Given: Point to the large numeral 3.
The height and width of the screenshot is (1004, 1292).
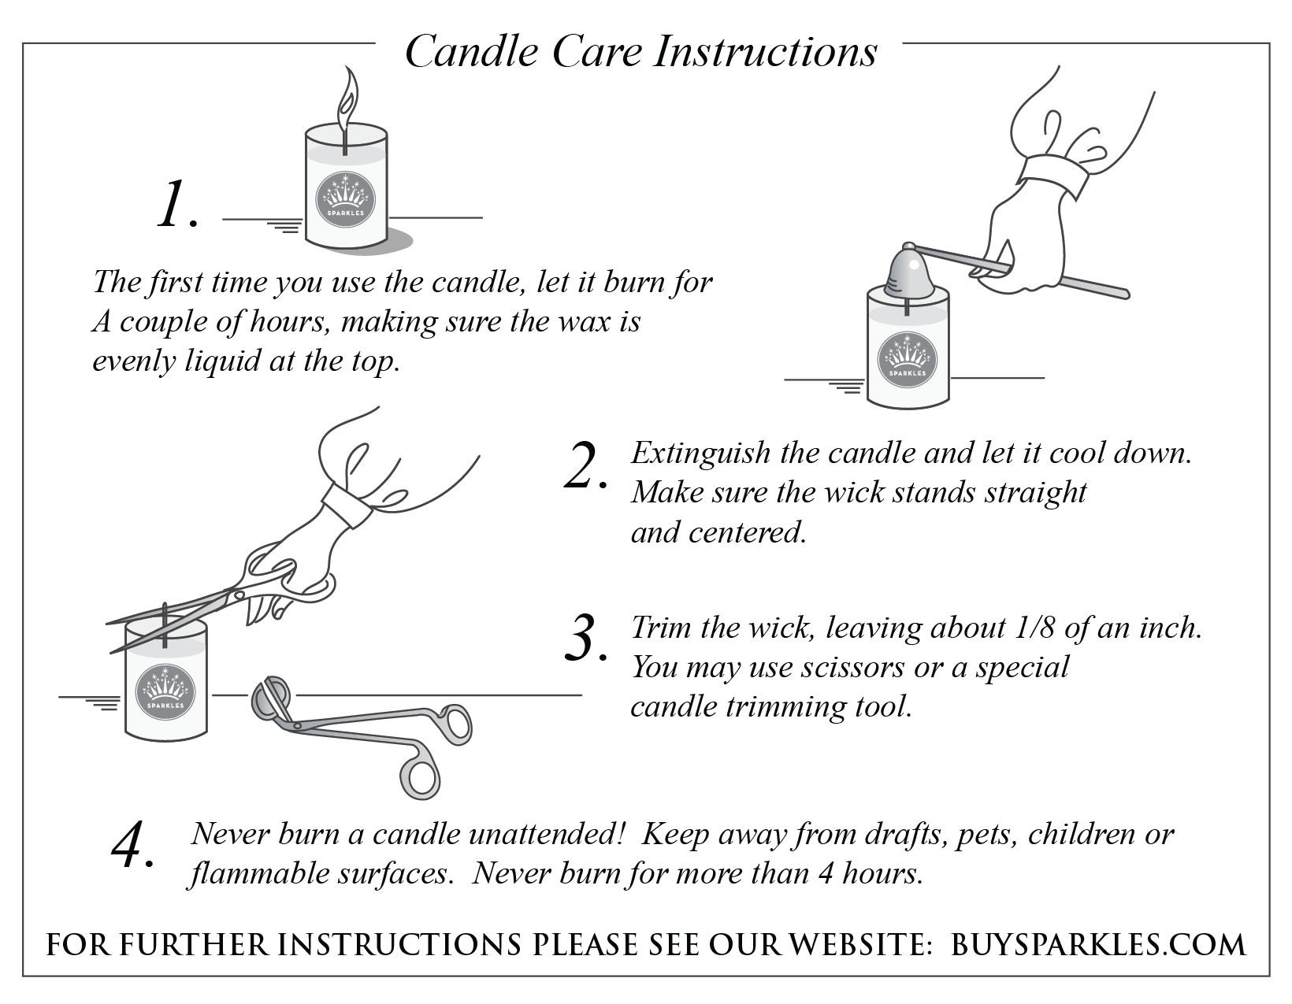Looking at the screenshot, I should (x=585, y=639).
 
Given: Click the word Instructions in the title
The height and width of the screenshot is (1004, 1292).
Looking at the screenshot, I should (x=767, y=52).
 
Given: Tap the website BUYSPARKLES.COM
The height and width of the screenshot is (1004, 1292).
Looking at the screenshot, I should (x=1099, y=944).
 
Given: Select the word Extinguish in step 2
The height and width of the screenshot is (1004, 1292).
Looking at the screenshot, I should (x=700, y=453).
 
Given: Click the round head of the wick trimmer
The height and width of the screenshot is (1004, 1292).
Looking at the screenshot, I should (x=269, y=698).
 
